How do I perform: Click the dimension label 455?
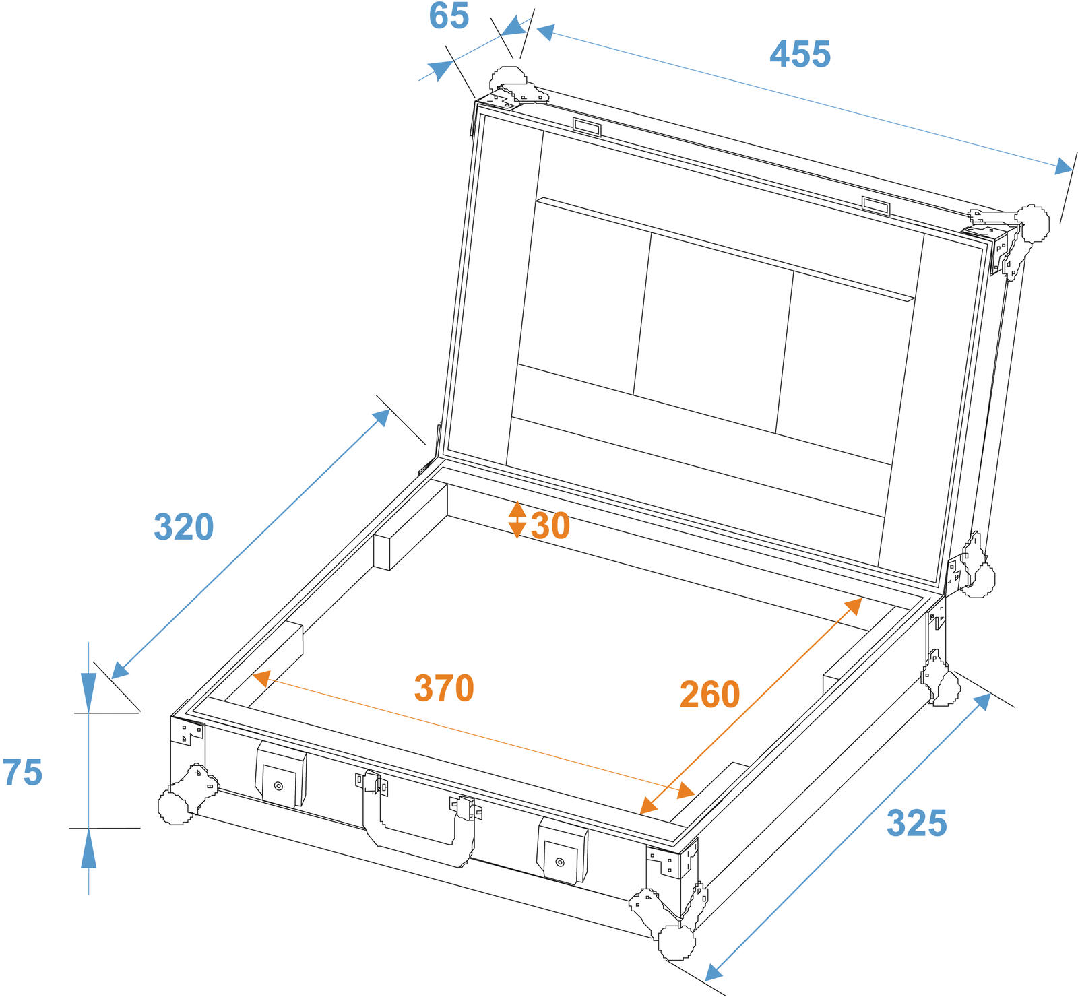(x=800, y=55)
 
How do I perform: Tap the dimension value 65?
(x=449, y=16)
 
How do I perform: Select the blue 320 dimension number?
(x=183, y=527)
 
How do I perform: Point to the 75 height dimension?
(x=23, y=772)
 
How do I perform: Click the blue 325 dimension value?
(x=916, y=823)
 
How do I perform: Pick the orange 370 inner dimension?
(x=444, y=688)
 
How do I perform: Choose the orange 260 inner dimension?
(x=709, y=695)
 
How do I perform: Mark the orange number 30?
(x=550, y=525)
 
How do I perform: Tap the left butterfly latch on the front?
(x=280, y=776)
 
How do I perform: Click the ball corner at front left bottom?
(x=177, y=803)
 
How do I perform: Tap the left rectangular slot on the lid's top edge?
(x=587, y=127)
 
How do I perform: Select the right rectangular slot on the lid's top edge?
(x=876, y=205)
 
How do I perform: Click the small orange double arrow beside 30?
(x=517, y=519)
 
